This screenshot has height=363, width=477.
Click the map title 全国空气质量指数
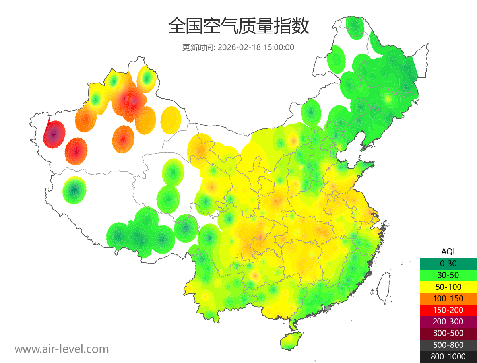[238, 27]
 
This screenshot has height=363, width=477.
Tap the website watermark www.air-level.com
[62, 349]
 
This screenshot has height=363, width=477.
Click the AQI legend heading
[448, 252]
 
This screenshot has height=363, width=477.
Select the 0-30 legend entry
[448, 263]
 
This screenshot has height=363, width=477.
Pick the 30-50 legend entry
[448, 275]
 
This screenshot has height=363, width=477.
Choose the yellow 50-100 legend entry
[448, 287]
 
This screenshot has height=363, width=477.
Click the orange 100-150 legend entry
[448, 298]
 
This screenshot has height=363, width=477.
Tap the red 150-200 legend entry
[448, 310]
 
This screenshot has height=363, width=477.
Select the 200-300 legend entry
[448, 322]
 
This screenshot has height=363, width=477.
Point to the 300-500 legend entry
[448, 333]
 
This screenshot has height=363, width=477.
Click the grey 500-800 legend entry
[448, 345]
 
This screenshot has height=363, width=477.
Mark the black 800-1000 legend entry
[448, 357]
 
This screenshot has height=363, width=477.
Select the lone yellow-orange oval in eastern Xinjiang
[171, 119]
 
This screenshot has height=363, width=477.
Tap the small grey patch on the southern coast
[328, 308]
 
